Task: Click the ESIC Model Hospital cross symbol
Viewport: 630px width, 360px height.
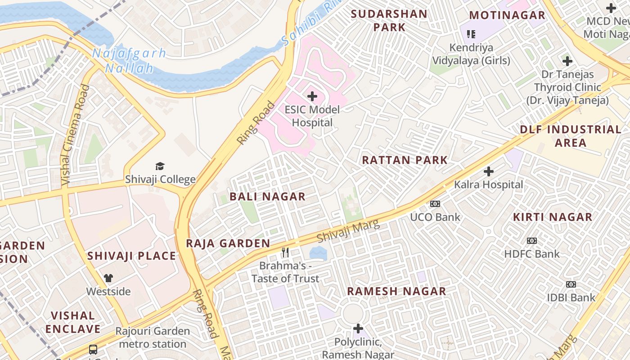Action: click(312, 96)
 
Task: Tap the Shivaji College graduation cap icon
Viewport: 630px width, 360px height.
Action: click(160, 166)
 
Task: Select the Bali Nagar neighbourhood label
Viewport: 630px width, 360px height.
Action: click(267, 197)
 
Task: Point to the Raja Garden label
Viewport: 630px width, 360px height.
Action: click(228, 243)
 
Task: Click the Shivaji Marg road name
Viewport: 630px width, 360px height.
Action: click(348, 231)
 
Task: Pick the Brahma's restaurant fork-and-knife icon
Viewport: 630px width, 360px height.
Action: click(285, 252)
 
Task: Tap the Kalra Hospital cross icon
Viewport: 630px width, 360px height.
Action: click(489, 171)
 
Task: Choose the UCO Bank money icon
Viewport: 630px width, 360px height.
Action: click(435, 204)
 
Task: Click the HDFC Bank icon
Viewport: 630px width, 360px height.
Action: click(532, 241)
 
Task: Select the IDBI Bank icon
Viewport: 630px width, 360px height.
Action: click(571, 284)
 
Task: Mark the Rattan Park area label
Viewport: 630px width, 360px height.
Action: click(405, 160)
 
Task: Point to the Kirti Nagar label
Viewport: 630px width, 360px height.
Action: click(553, 217)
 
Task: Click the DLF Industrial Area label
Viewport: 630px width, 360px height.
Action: click(571, 136)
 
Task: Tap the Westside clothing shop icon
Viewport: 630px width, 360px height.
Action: click(108, 278)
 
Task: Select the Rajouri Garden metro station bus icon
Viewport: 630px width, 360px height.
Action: click(93, 349)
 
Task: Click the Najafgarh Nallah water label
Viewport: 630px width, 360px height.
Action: click(129, 61)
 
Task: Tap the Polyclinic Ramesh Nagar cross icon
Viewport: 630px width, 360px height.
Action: click(358, 328)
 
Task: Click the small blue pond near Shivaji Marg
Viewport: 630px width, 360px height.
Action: click(318, 252)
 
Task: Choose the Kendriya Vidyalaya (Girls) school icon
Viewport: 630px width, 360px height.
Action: click(471, 34)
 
